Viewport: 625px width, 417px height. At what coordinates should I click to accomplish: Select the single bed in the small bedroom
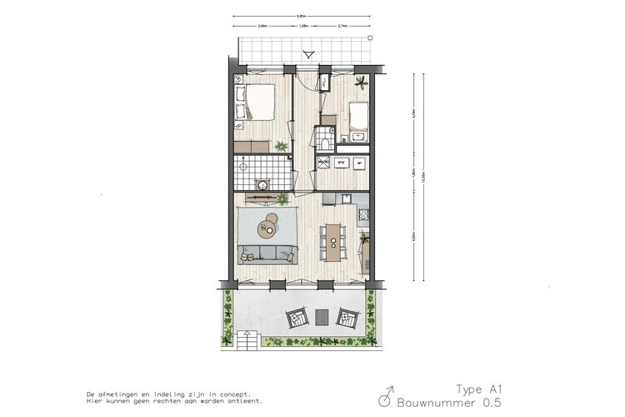coord(359,118)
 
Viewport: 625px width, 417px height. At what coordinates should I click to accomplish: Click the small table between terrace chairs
coord(322,318)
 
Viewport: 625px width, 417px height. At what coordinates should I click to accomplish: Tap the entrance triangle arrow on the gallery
coord(308,56)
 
